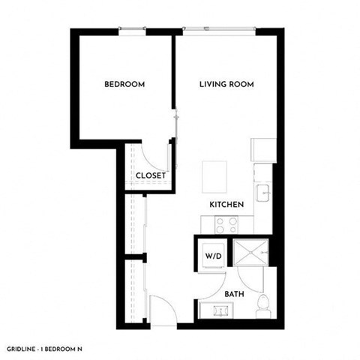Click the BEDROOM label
124,85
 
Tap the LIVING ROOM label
226,85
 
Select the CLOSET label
151,175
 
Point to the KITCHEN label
226,204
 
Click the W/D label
212,256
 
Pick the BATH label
234,293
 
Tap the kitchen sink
265,193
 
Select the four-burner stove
226,223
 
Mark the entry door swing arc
161,309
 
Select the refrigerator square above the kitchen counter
265,150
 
